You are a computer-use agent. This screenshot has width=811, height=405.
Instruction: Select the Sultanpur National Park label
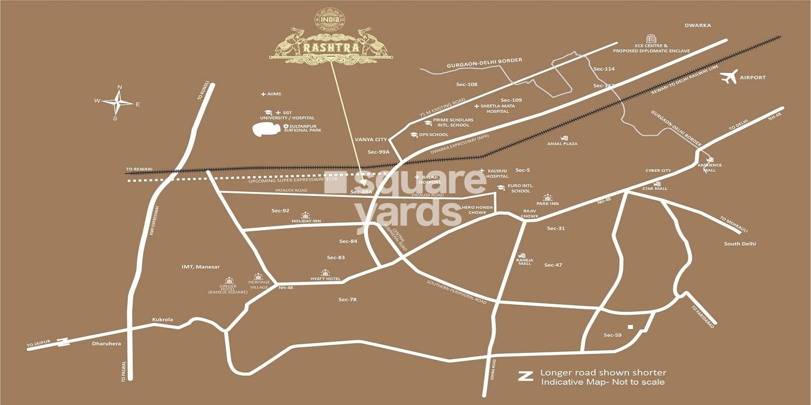click(x=305, y=128)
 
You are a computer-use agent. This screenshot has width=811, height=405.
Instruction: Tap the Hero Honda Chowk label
click(x=473, y=210)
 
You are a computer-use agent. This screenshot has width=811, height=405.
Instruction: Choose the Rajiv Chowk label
click(x=530, y=213)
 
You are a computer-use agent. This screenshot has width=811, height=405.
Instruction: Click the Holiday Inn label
click(x=306, y=221)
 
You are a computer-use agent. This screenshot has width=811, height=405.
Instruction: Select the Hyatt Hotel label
click(x=325, y=279)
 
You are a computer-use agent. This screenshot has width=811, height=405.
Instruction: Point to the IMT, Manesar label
click(x=201, y=267)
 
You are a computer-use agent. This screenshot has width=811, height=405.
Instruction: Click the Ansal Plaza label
click(x=562, y=143)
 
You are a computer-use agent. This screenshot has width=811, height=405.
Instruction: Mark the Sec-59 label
click(x=612, y=335)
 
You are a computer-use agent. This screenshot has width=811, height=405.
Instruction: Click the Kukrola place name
click(x=163, y=319)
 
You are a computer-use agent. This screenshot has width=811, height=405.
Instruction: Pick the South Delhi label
click(x=740, y=244)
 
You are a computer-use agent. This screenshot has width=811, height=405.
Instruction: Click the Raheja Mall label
click(x=525, y=261)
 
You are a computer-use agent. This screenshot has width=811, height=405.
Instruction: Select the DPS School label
click(x=433, y=135)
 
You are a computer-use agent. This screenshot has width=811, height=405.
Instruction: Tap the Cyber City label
click(x=658, y=171)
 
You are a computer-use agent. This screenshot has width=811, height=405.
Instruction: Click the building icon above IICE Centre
click(x=650, y=39)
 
